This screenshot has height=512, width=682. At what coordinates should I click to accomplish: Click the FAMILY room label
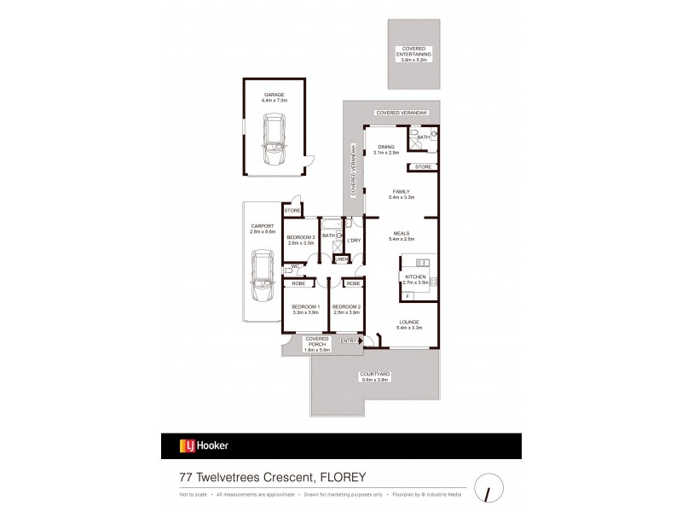401,193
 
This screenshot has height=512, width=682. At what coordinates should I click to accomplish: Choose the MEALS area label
401,234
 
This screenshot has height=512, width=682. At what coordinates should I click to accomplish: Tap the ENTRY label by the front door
349,340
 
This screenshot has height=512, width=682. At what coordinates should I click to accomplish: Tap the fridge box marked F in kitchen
407,296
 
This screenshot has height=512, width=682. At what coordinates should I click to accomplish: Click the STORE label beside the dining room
424,166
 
